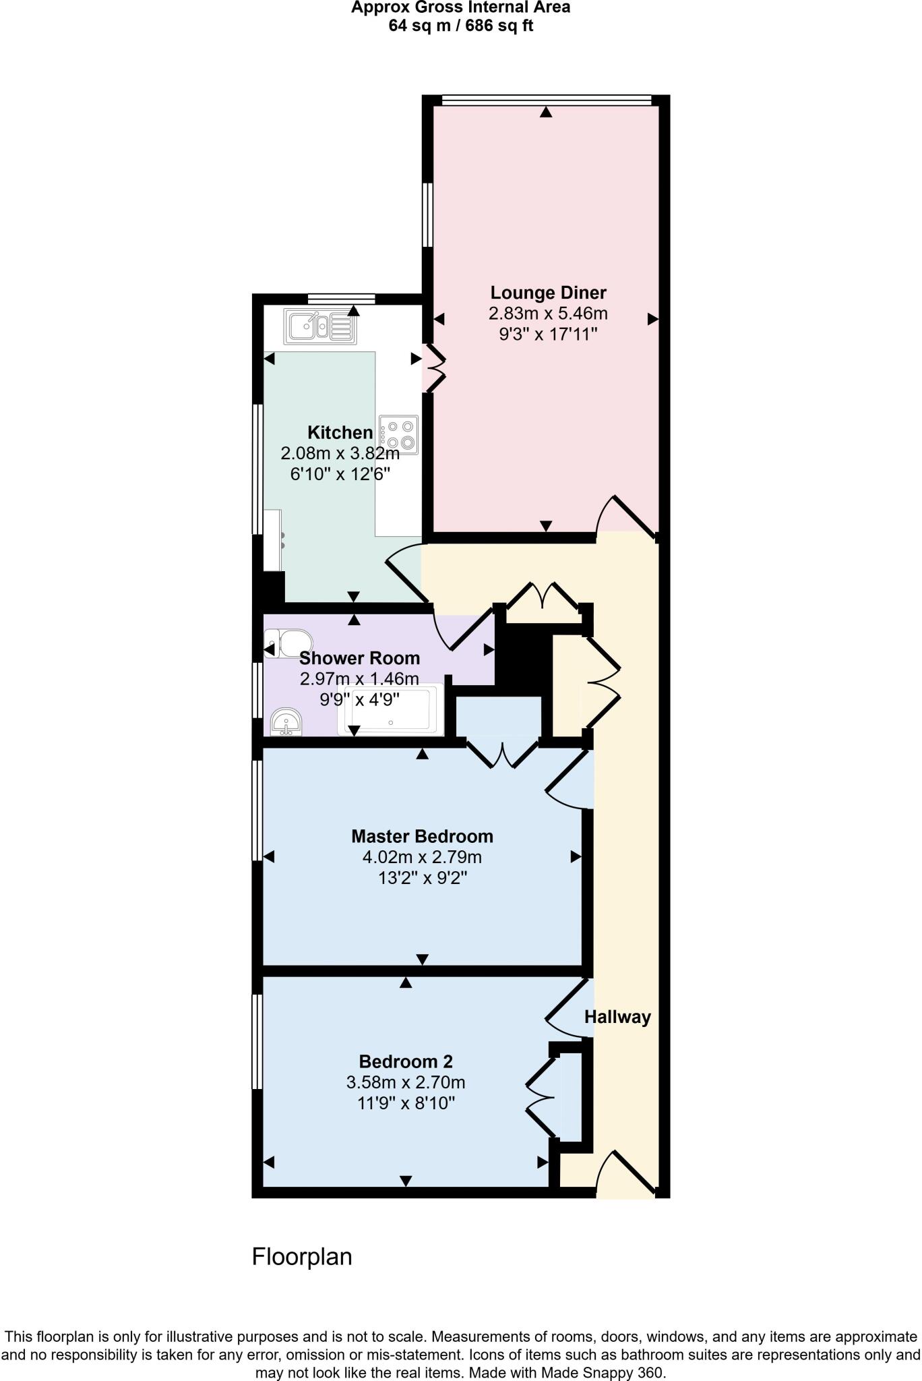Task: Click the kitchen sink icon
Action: pyautogui.click(x=320, y=326)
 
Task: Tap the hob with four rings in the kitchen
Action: pyautogui.click(x=399, y=434)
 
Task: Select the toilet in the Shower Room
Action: pyautogui.click(x=289, y=643)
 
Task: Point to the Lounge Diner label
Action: pyautogui.click(x=548, y=293)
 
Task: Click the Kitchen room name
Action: pyautogui.click(x=340, y=432)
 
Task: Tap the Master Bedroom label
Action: pyautogui.click(x=422, y=836)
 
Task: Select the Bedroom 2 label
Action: pyautogui.click(x=406, y=1061)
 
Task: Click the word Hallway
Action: pyautogui.click(x=617, y=1017)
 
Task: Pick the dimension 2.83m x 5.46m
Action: pyautogui.click(x=548, y=314)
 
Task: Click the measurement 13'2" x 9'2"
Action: pyautogui.click(x=422, y=879)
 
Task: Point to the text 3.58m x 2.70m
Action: pyautogui.click(x=406, y=1082)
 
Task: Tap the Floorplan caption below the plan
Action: pyautogui.click(x=302, y=1257)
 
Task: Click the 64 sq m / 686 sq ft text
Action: pyautogui.click(x=461, y=26)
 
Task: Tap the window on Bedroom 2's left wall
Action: pyautogui.click(x=257, y=1041)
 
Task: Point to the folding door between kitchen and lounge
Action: pyautogui.click(x=435, y=368)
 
